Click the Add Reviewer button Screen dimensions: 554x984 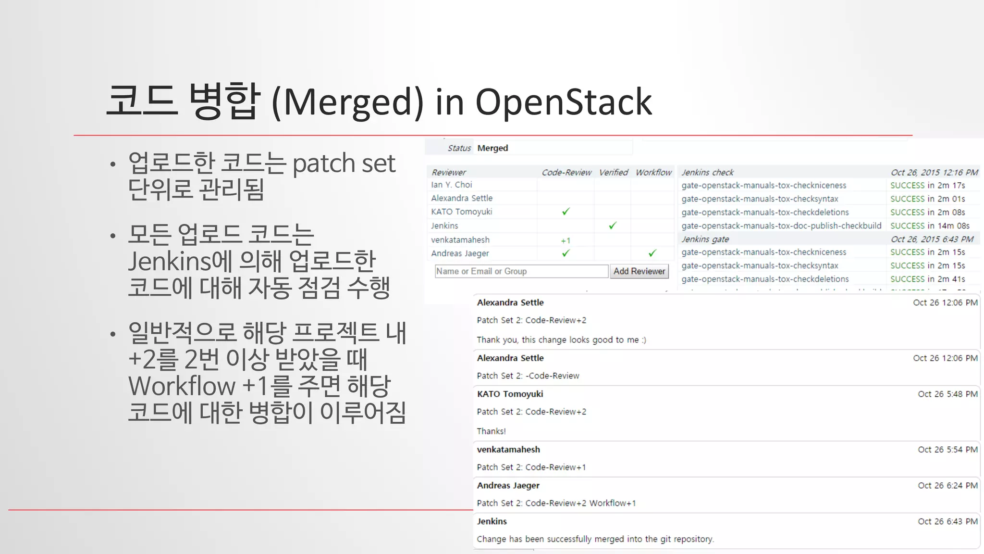tap(639, 271)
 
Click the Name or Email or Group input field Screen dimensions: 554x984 tap(521, 271)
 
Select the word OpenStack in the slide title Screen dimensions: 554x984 tap(564, 102)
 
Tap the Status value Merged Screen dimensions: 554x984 tap(492, 148)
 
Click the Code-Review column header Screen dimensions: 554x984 tap(566, 172)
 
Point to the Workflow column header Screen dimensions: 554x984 tap(653, 172)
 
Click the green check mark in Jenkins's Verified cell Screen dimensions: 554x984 tap(613, 226)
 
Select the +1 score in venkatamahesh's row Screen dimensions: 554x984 tap(566, 240)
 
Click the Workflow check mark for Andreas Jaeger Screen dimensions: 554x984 tap(652, 253)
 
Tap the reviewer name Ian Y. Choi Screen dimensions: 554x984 tap(452, 185)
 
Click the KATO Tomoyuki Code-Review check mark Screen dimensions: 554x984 tap(566, 212)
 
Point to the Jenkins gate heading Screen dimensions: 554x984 tap(705, 239)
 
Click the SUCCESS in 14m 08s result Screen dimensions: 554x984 tap(930, 226)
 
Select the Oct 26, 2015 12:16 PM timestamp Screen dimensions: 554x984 tap(934, 172)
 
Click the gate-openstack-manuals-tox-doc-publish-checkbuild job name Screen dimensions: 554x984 tap(781, 226)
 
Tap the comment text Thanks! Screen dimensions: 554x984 tap(491, 431)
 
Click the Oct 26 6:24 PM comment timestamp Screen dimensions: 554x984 tap(947, 485)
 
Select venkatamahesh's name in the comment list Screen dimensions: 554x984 tap(508, 450)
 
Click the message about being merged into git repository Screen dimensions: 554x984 tap(595, 539)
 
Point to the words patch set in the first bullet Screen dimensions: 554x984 tap(344, 164)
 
